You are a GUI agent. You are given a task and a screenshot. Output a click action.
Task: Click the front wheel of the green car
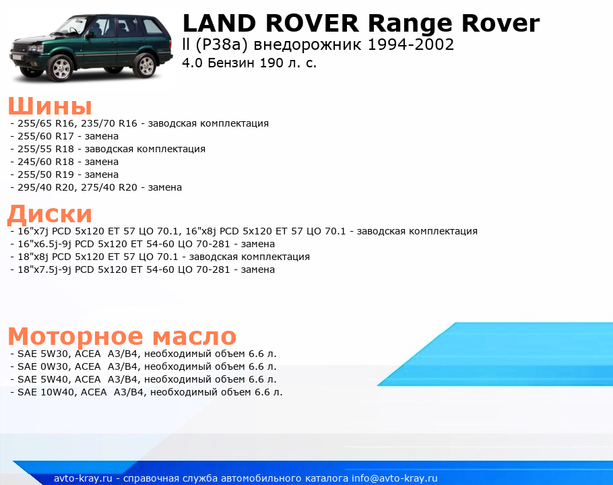click(x=61, y=67)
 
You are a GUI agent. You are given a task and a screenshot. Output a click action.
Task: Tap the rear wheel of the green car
click(x=146, y=65)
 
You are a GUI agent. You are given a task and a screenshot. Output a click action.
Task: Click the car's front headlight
click(x=36, y=49)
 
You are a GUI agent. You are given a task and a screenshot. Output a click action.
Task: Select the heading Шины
click(x=50, y=105)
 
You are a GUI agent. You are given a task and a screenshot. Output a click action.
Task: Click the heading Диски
click(x=50, y=214)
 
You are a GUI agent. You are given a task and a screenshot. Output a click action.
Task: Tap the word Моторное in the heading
click(x=75, y=335)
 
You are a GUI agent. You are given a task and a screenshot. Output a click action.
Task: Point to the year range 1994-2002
click(x=410, y=44)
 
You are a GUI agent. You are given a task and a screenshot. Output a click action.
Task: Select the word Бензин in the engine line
click(x=231, y=63)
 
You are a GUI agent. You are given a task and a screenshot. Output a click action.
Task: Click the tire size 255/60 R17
click(x=46, y=136)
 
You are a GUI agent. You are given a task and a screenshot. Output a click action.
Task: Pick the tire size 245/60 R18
click(x=46, y=162)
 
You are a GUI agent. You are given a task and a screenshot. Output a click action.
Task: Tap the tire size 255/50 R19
click(x=46, y=174)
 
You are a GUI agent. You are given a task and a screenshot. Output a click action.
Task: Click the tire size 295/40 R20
click(x=46, y=187)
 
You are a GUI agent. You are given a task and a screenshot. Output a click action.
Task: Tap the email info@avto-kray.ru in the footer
click(x=395, y=478)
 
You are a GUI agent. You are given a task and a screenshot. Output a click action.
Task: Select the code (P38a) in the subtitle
click(x=222, y=45)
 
